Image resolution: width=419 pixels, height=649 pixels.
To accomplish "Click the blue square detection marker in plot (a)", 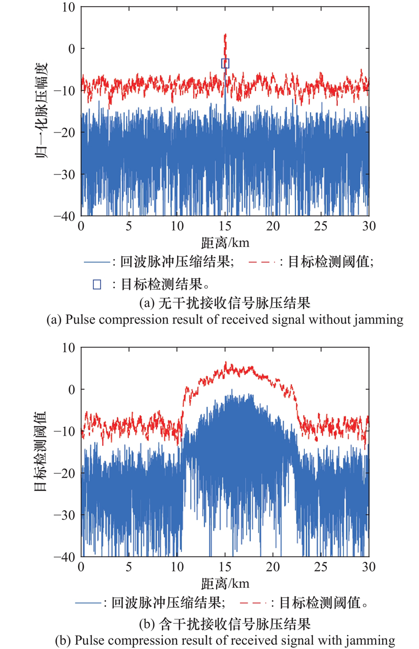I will coord(225,63).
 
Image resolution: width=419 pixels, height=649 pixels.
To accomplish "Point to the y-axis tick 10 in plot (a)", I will coord(69,7).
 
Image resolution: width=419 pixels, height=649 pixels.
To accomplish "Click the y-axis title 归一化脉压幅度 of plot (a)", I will coord(43,112).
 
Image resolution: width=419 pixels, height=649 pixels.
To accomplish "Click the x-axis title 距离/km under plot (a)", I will coord(225,243).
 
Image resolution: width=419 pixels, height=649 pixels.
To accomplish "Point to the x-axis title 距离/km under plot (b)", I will coord(225,584).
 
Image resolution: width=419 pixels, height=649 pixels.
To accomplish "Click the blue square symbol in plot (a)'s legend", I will coord(96,284).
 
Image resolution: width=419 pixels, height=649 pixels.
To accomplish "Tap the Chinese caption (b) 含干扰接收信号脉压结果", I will coord(224,624).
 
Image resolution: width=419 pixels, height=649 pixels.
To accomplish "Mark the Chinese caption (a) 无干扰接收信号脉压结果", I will coord(224,303).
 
